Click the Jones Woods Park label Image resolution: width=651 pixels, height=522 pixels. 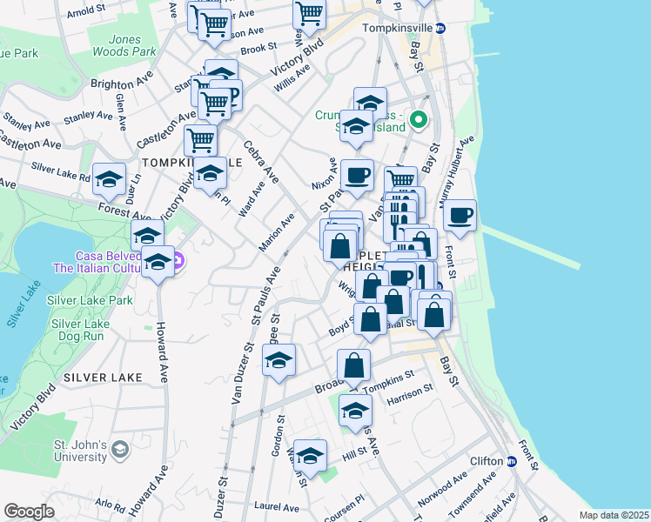tap(132, 45)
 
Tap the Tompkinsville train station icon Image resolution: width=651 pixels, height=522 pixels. tap(440, 28)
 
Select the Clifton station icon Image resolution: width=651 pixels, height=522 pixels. tap(513, 462)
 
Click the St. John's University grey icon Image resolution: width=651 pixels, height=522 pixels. tap(120, 449)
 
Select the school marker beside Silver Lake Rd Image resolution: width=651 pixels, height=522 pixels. tap(109, 179)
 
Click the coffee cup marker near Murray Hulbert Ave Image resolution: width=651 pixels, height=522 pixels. tap(460, 214)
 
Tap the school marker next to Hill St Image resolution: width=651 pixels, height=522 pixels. tap(310, 455)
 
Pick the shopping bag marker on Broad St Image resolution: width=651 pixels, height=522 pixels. tap(353, 365)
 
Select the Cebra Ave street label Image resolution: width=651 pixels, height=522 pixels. tap(261, 162)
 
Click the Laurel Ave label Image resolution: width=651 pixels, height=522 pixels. tap(276, 506)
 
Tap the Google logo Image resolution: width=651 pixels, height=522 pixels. tap(30, 512)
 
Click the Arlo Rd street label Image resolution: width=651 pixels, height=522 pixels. tap(111, 504)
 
